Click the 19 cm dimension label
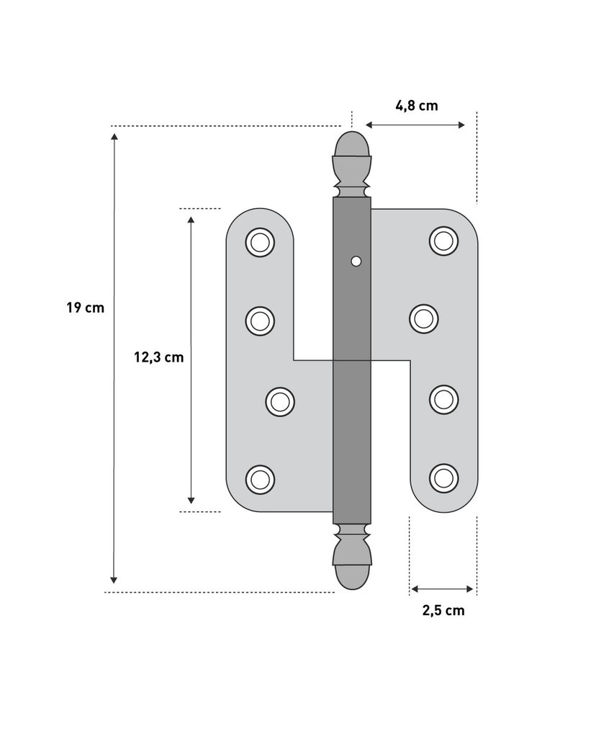[x=85, y=308]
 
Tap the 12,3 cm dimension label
[x=158, y=357]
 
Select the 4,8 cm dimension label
[x=416, y=106]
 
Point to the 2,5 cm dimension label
[x=443, y=611]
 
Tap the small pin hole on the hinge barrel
[x=354, y=261]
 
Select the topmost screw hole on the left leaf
[x=260, y=242]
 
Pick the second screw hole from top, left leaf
[x=260, y=321]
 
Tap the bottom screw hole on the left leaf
[x=260, y=479]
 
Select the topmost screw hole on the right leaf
[x=443, y=240]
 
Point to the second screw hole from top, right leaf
[x=424, y=318]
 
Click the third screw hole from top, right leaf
[x=443, y=399]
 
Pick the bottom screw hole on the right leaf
[x=443, y=477]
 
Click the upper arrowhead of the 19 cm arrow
[x=114, y=136]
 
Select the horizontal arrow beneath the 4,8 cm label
[x=416, y=125]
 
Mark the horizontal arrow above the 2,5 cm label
[x=442, y=589]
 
